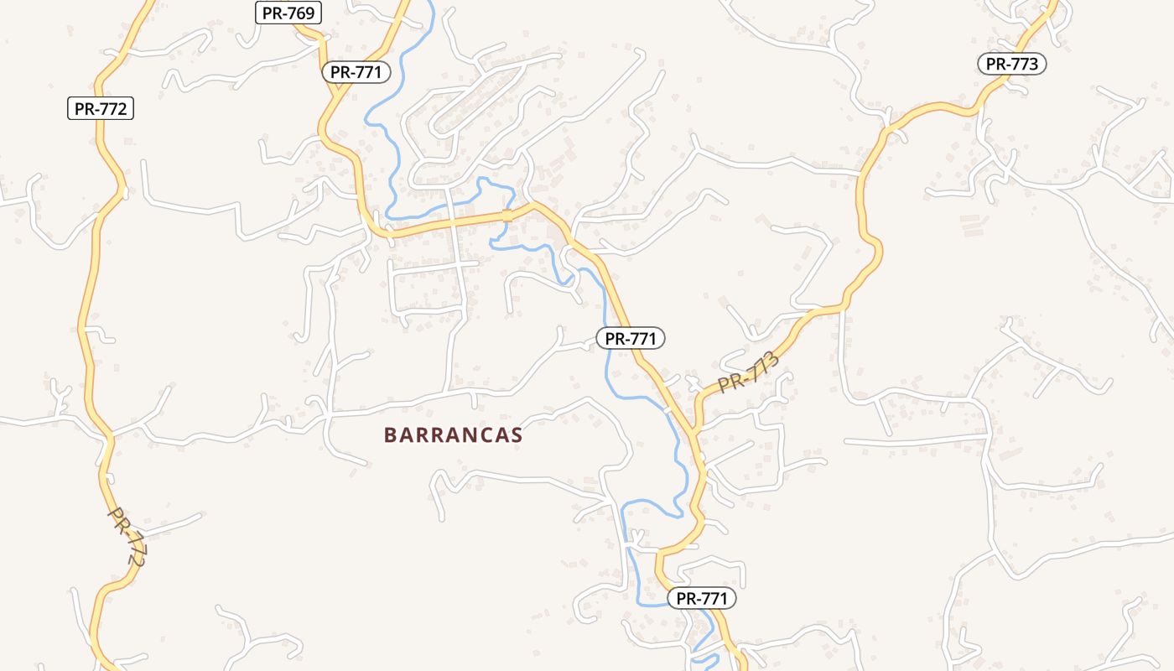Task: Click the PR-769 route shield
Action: [288, 12]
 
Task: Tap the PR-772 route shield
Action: [101, 108]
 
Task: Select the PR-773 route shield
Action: [1011, 64]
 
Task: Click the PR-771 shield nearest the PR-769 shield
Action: [356, 72]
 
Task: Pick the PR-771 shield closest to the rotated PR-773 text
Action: [631, 338]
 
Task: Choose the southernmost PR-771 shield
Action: [702, 598]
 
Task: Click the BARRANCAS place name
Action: [453, 434]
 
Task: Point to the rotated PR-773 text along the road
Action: [749, 372]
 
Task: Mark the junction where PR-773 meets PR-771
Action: [695, 431]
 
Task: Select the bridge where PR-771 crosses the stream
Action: [506, 216]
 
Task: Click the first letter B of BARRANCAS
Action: [390, 434]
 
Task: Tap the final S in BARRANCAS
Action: [517, 434]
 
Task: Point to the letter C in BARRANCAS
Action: [485, 434]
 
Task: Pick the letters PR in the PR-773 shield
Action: [995, 64]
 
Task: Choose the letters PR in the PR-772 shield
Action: [84, 108]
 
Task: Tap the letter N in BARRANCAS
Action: [468, 434]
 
